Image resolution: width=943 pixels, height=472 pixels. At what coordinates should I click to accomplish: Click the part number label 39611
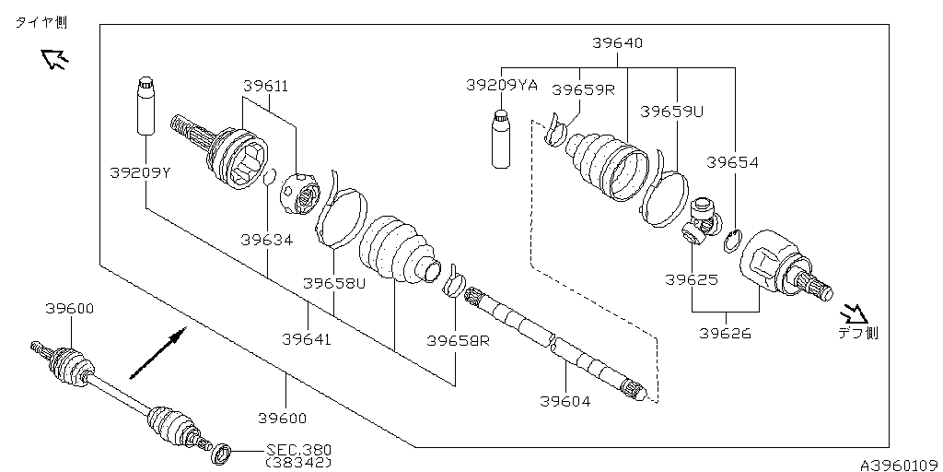click(265, 86)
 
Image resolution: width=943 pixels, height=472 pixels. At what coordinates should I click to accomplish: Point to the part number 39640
click(617, 42)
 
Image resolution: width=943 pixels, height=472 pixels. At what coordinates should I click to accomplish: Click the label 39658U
click(335, 283)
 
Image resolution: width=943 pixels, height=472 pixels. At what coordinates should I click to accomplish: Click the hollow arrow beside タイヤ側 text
click(55, 60)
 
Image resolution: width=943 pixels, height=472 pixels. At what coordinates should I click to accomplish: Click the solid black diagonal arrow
click(157, 352)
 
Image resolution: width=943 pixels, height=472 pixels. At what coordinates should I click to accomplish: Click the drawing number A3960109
click(898, 464)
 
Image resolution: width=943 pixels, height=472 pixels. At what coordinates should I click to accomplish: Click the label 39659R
click(582, 89)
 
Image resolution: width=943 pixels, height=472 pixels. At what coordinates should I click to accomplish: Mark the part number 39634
click(266, 240)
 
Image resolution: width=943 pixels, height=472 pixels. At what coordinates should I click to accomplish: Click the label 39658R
click(457, 339)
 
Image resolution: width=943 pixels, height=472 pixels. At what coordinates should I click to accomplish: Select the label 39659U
click(671, 111)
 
